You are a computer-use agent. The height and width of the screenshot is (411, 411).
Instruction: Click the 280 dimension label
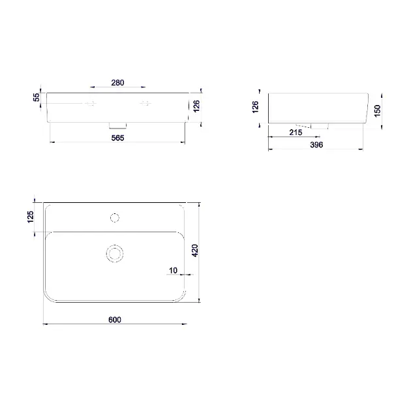click(x=117, y=83)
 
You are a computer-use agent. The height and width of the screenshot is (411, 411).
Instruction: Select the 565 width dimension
click(x=117, y=138)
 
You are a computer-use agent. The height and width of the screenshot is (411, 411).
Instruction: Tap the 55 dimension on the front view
click(x=37, y=97)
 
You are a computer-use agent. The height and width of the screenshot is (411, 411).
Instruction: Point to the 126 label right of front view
click(x=196, y=106)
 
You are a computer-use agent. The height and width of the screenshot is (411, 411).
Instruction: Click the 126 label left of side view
click(x=255, y=107)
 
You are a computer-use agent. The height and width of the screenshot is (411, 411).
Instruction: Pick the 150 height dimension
click(x=377, y=111)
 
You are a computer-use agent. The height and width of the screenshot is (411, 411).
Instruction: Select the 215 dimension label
click(x=296, y=132)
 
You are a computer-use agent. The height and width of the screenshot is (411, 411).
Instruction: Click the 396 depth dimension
click(x=316, y=145)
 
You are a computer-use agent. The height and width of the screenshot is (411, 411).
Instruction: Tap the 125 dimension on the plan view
click(x=31, y=217)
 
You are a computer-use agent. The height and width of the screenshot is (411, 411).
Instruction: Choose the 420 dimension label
click(x=195, y=251)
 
